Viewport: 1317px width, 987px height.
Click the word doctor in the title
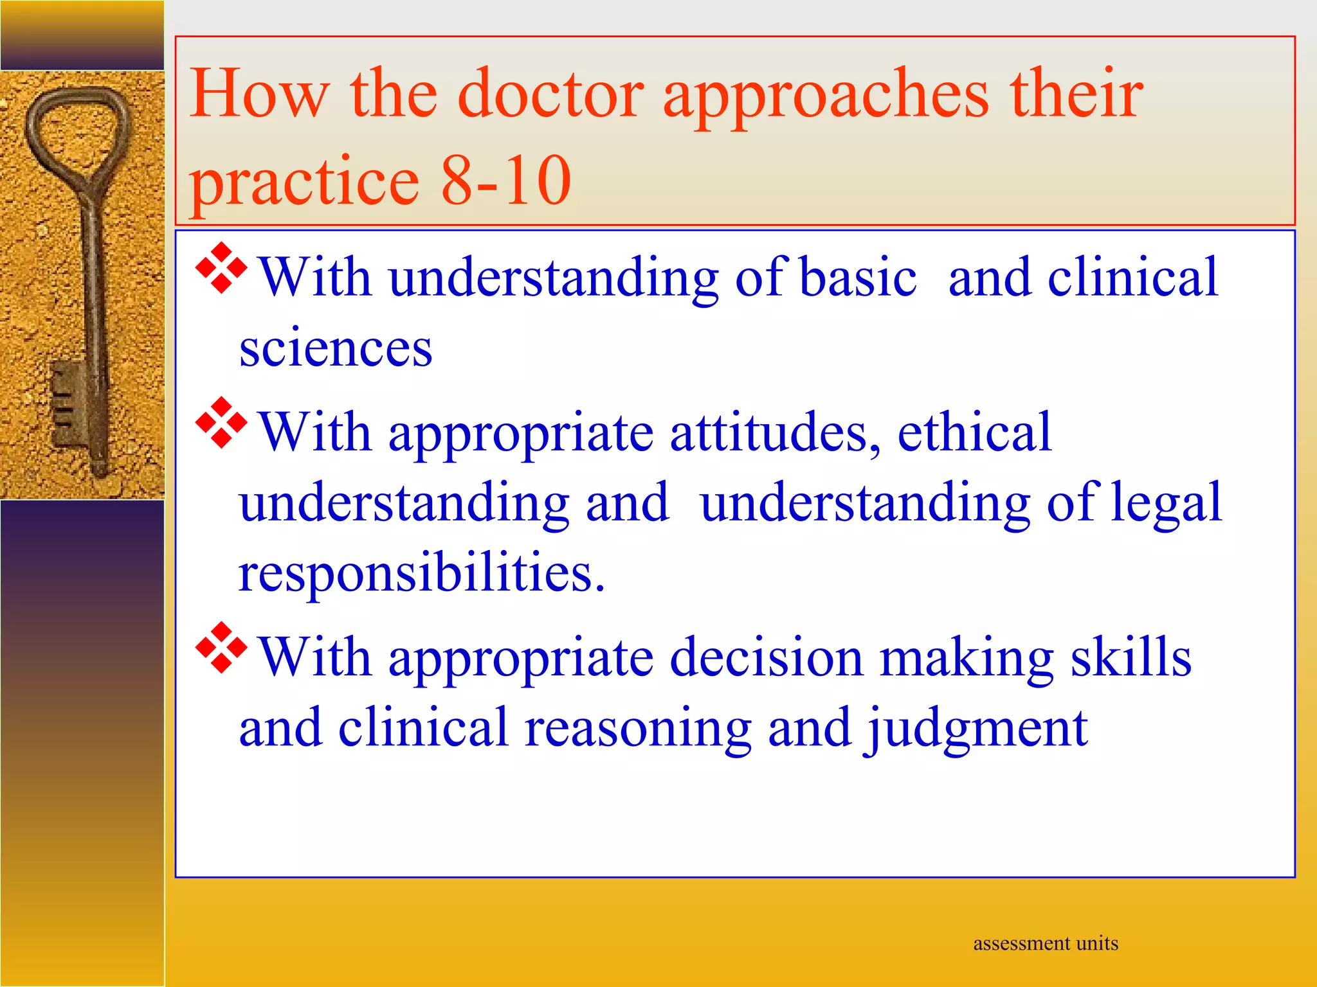click(x=550, y=95)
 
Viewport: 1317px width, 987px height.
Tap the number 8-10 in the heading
click(x=505, y=181)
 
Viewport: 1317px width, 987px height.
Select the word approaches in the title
click(x=826, y=96)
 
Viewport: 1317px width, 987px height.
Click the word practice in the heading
click(x=304, y=182)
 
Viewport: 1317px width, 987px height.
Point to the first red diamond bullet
click(x=221, y=269)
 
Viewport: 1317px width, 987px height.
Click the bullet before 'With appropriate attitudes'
click(x=221, y=423)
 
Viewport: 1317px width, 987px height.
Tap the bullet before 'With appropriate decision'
click(x=221, y=648)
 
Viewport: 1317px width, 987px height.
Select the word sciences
click(x=335, y=348)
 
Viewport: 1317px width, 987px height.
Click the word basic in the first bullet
click(x=858, y=278)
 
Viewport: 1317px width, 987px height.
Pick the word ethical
click(x=974, y=432)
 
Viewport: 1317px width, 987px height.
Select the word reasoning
click(x=637, y=730)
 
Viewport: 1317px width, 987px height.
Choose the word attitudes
click(x=775, y=433)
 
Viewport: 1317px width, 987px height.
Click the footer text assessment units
click(x=1045, y=943)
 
